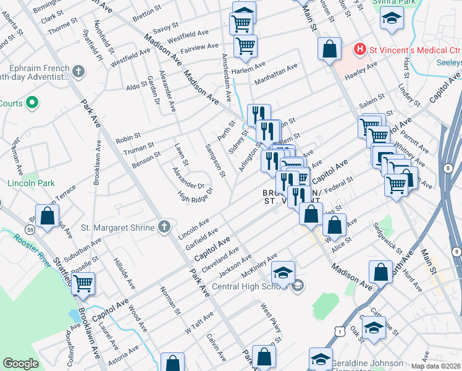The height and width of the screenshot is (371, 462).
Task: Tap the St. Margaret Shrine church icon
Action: pyautogui.click(x=164, y=228)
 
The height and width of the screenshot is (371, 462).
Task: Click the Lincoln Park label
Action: pyautogui.click(x=31, y=184)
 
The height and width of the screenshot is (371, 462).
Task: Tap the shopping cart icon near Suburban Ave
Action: pyautogui.click(x=83, y=284)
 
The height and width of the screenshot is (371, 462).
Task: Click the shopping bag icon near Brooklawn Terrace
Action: pyautogui.click(x=48, y=217)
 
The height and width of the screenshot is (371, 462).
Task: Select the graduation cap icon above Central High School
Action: pyautogui.click(x=283, y=273)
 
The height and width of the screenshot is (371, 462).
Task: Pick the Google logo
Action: pyautogui.click(x=21, y=363)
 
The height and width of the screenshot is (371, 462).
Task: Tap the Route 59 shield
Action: pyautogui.click(x=29, y=230)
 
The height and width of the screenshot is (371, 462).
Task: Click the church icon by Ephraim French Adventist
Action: pyautogui.click(x=78, y=72)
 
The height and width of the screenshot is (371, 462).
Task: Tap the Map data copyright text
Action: pyautogui.click(x=436, y=366)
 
